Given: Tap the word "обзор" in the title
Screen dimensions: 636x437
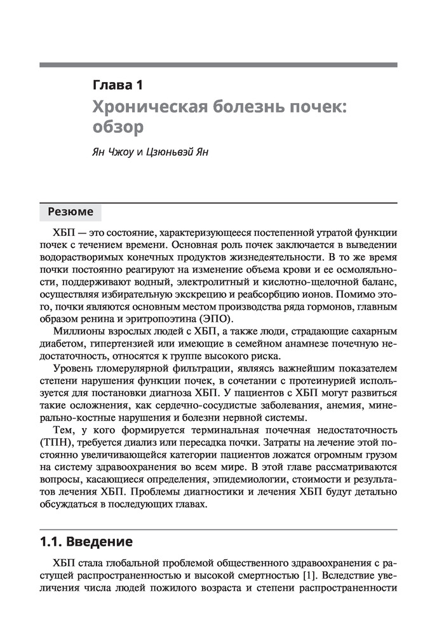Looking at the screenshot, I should pyautogui.click(x=118, y=127).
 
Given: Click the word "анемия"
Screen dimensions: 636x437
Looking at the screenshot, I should pyautogui.click(x=335, y=406).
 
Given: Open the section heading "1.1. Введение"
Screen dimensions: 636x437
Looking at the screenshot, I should pyautogui.click(x=86, y=542).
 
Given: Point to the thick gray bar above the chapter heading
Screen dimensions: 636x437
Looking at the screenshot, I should pyautogui.click(x=218, y=65).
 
